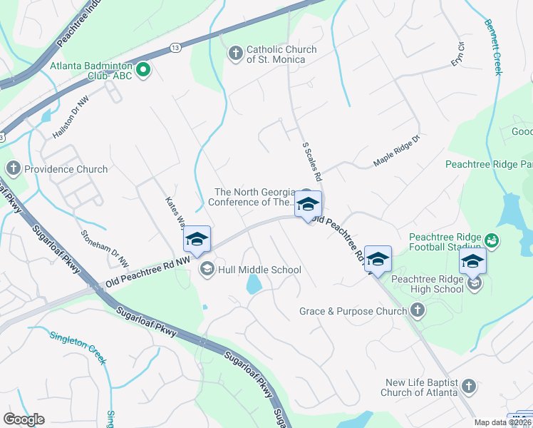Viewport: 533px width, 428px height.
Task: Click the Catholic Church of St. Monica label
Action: [x=276, y=54]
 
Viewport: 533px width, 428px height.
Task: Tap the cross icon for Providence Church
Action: [x=12, y=169]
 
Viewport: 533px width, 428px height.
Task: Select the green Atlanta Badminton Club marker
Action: [x=143, y=69]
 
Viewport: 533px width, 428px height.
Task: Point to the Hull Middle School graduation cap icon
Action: [x=207, y=269]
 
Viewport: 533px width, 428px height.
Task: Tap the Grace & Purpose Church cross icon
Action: [x=418, y=310]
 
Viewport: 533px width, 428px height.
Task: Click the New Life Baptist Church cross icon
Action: [x=468, y=387]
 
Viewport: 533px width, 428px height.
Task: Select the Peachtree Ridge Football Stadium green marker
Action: [x=490, y=238]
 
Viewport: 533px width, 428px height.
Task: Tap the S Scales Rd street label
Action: [x=313, y=160]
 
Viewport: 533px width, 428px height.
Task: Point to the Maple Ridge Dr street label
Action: [x=398, y=157]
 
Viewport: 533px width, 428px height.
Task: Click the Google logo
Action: [x=24, y=419]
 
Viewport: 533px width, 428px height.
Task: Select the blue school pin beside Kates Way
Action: [x=197, y=240]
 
